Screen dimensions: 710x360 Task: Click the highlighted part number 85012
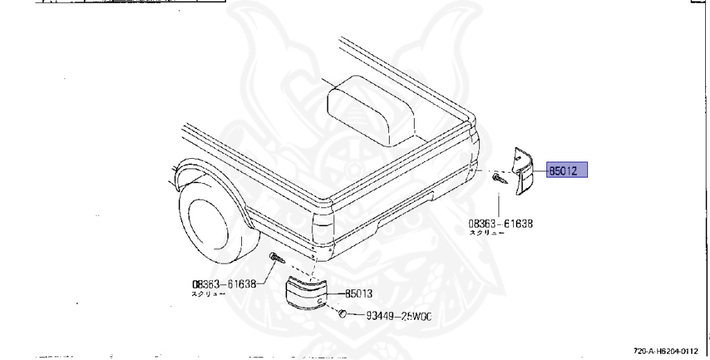pyautogui.click(x=567, y=170)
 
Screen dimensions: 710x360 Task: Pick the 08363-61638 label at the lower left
pyautogui.click(x=224, y=283)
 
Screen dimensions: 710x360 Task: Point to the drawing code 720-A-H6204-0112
pyautogui.click(x=665, y=351)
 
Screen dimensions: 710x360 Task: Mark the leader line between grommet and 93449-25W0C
pyautogui.click(x=356, y=316)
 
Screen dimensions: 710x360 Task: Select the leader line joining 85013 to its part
pyautogui.click(x=331, y=293)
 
